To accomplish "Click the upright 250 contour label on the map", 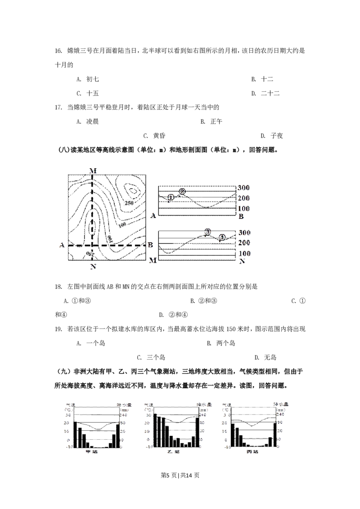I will (129, 203).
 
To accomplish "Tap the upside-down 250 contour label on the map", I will (91, 254).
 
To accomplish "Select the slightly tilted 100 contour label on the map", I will (121, 224).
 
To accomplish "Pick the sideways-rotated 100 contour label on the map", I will (109, 238).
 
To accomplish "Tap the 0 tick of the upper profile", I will (239, 216).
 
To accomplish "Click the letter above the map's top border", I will (94, 170).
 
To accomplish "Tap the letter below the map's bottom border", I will (93, 267).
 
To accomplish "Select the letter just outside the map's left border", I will (61, 245).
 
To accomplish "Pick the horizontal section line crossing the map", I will (108, 246).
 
